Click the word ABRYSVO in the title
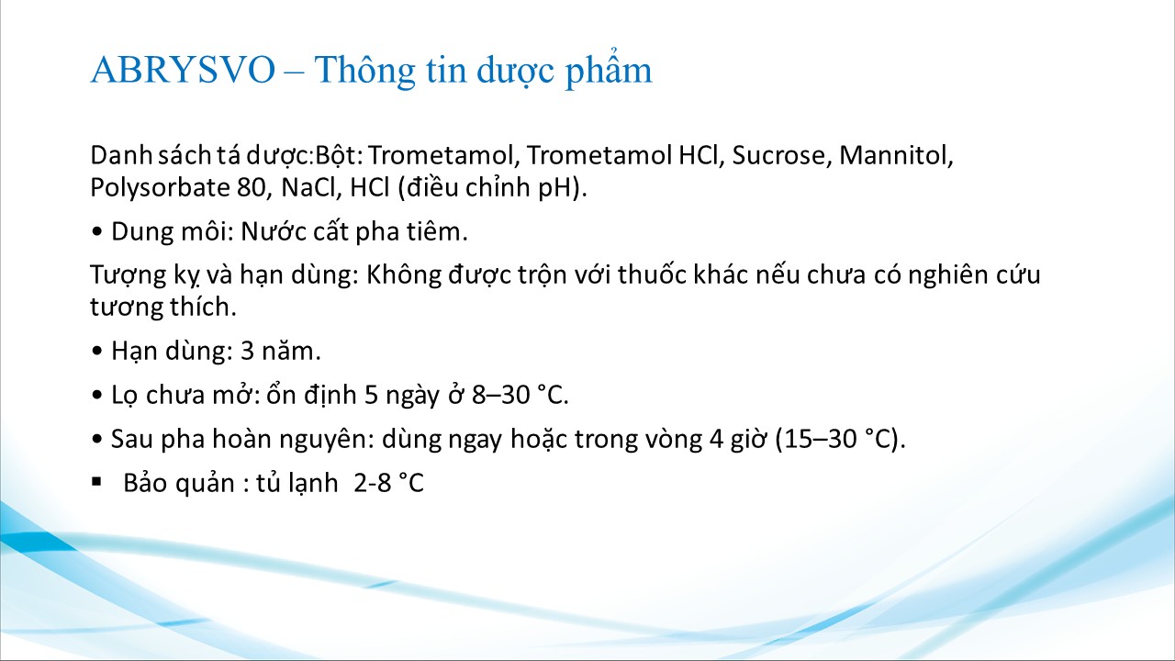click(x=183, y=70)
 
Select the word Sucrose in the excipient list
click(x=782, y=155)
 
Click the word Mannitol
click(x=896, y=155)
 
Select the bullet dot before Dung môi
click(x=96, y=232)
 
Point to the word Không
click(x=404, y=274)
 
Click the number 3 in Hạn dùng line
click(x=248, y=351)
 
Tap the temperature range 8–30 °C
click(x=520, y=395)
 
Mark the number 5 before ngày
click(x=371, y=395)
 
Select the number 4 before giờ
click(x=717, y=439)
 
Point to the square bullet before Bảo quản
click(x=96, y=481)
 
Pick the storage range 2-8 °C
click(x=388, y=483)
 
